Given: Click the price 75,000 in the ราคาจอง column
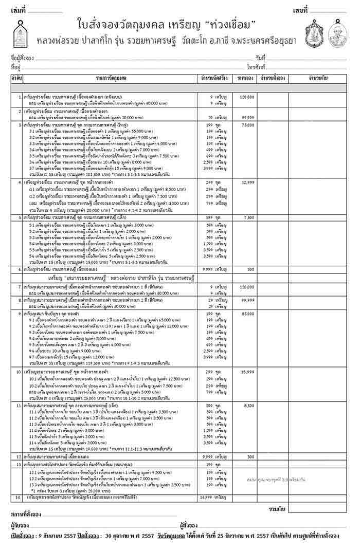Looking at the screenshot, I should coord(248,125).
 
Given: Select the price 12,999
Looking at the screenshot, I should coord(248,182).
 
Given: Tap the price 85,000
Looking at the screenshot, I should coord(248,313).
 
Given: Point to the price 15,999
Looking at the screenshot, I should coord(248,371).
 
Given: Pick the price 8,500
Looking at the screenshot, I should coord(249,406).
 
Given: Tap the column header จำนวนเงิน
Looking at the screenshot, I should coord(319,78).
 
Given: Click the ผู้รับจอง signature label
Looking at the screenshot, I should coord(20,525).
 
